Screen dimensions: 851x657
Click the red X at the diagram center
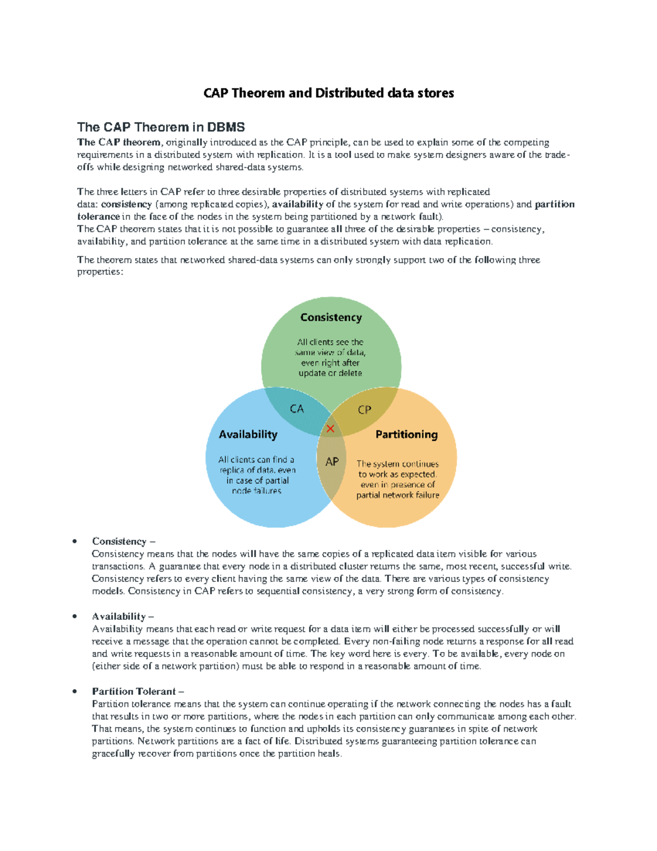[x=330, y=429]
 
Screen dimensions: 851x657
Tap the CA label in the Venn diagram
[x=297, y=409]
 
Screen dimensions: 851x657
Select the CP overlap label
[x=364, y=409]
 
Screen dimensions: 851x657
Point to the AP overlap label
[x=332, y=461]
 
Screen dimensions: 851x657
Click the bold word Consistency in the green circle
[x=331, y=317]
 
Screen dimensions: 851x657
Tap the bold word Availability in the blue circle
[x=248, y=435]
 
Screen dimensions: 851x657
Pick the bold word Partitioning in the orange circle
[x=406, y=435]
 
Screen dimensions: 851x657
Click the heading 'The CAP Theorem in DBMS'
[x=160, y=127]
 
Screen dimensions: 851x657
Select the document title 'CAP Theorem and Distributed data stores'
[x=328, y=93]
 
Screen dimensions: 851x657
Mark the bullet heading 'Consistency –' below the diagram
[x=124, y=541]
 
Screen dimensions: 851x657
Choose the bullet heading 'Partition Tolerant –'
[x=138, y=692]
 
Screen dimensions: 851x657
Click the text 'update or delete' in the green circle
[x=330, y=373]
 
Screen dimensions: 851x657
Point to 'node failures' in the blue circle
[x=256, y=491]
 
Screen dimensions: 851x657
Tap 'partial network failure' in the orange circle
[x=397, y=495]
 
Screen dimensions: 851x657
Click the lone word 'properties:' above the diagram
[x=100, y=272]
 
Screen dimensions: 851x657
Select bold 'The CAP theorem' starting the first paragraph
[x=118, y=142]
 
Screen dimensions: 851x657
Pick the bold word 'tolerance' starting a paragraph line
[x=98, y=216]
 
